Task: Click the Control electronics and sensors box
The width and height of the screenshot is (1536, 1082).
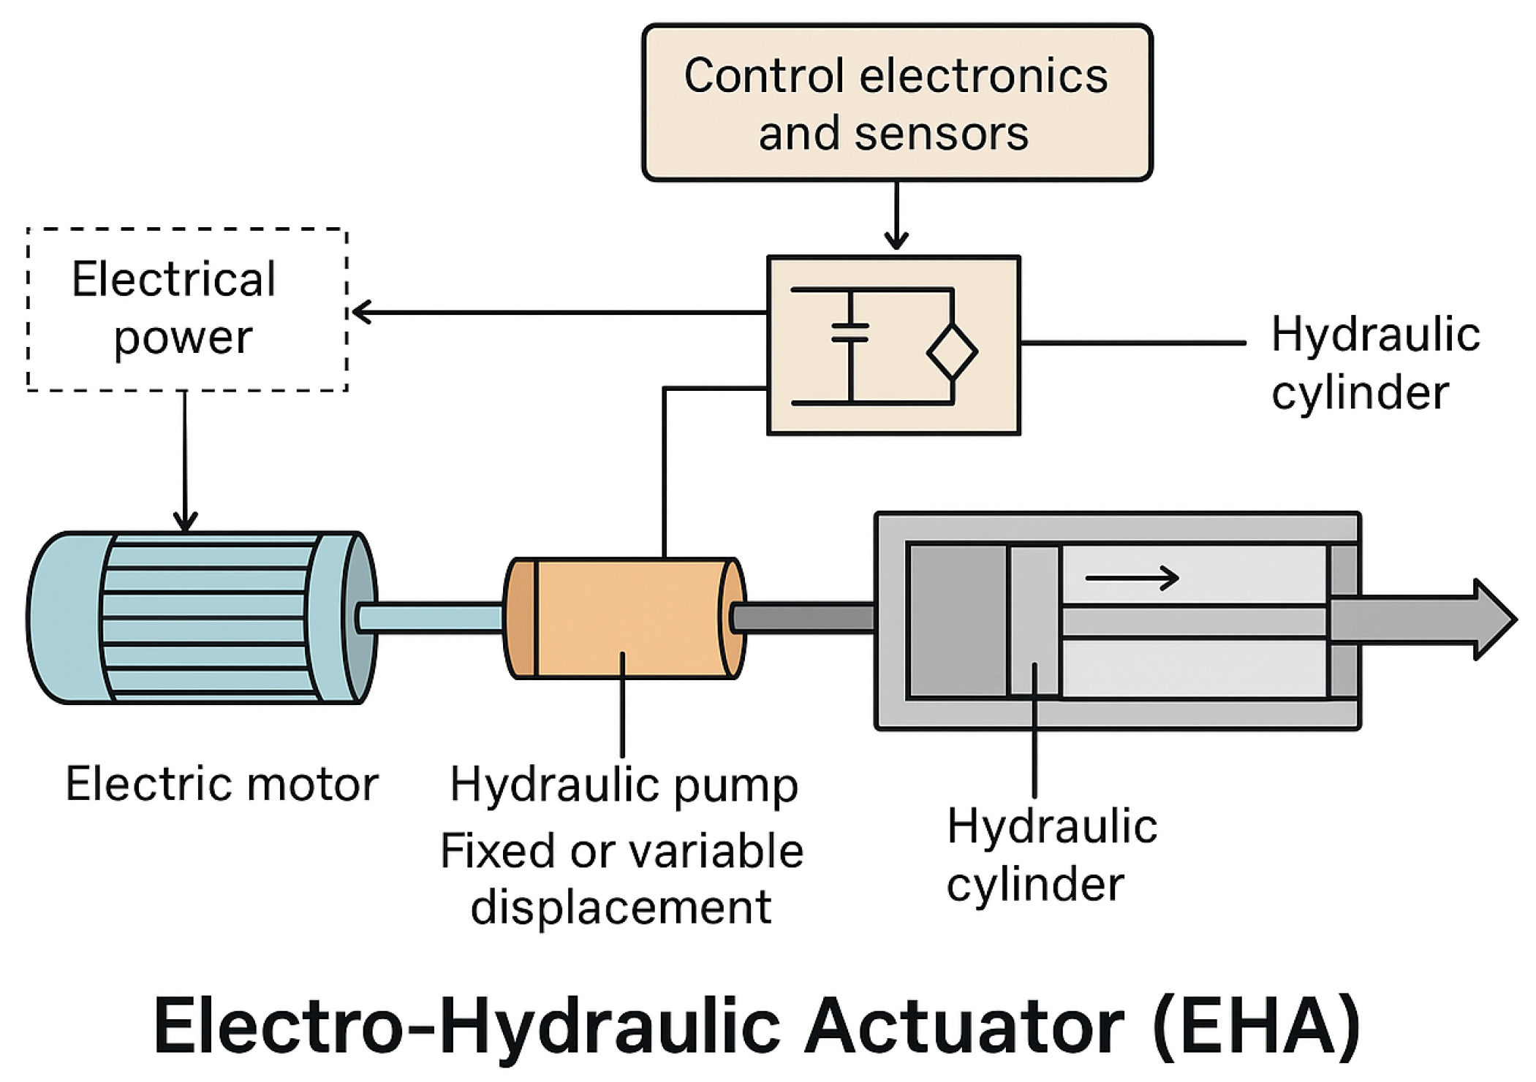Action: click(897, 102)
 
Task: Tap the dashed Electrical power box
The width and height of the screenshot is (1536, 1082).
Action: click(187, 310)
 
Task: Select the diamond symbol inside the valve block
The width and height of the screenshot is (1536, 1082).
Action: click(952, 352)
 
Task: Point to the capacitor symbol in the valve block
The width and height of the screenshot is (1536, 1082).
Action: click(850, 333)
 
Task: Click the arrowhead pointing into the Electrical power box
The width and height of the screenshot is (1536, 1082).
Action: click(361, 313)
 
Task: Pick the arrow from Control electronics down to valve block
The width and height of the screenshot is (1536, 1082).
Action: click(896, 216)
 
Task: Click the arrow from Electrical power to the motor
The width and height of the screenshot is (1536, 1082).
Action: click(185, 461)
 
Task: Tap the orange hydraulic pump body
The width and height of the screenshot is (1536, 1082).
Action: click(626, 618)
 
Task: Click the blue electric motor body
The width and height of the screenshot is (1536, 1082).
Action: click(202, 618)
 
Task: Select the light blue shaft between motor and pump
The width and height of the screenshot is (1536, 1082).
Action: click(431, 617)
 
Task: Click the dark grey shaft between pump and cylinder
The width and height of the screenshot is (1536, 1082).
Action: click(803, 618)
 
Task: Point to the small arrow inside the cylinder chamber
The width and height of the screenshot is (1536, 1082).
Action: click(1132, 579)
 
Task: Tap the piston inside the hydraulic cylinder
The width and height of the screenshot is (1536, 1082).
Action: click(1034, 620)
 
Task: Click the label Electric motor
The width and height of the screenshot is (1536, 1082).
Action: click(222, 784)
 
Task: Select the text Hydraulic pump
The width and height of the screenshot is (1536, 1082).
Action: click(624, 786)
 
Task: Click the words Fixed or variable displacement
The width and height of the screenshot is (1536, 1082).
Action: click(621, 880)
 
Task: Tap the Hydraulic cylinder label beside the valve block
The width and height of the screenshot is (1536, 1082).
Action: click(1376, 364)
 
